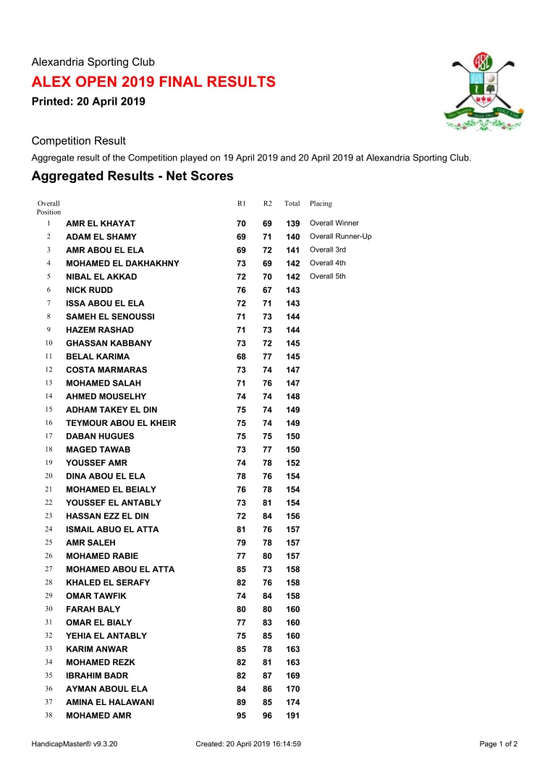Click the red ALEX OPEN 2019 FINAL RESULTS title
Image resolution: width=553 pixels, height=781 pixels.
tap(153, 82)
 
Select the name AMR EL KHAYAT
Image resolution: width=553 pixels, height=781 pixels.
tap(101, 223)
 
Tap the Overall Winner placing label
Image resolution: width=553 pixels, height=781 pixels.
tap(334, 223)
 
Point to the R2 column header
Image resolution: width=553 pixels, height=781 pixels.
tap(267, 204)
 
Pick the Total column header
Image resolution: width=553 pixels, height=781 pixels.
tap(292, 204)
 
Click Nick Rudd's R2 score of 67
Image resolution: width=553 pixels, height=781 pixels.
tap(267, 290)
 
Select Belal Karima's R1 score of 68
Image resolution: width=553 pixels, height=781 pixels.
tap(241, 357)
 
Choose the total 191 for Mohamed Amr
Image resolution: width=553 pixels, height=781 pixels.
tap(292, 716)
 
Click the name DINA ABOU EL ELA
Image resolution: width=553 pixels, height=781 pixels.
tap(106, 477)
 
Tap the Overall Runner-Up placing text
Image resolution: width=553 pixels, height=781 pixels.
tap(341, 236)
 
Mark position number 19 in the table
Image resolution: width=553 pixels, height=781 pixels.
tap(49, 463)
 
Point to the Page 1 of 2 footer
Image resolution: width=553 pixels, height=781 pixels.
tap(499, 743)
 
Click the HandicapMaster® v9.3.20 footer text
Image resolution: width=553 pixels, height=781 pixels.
tap(75, 743)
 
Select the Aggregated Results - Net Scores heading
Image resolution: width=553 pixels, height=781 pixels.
tap(132, 176)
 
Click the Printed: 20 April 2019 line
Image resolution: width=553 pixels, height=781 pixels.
tap(88, 101)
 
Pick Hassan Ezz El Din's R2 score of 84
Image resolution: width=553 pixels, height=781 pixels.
tap(267, 516)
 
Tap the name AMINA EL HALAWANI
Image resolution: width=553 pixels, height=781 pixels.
tap(110, 702)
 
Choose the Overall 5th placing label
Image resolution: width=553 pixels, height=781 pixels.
tap(328, 276)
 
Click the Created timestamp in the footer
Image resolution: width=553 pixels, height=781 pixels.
tap(248, 743)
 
